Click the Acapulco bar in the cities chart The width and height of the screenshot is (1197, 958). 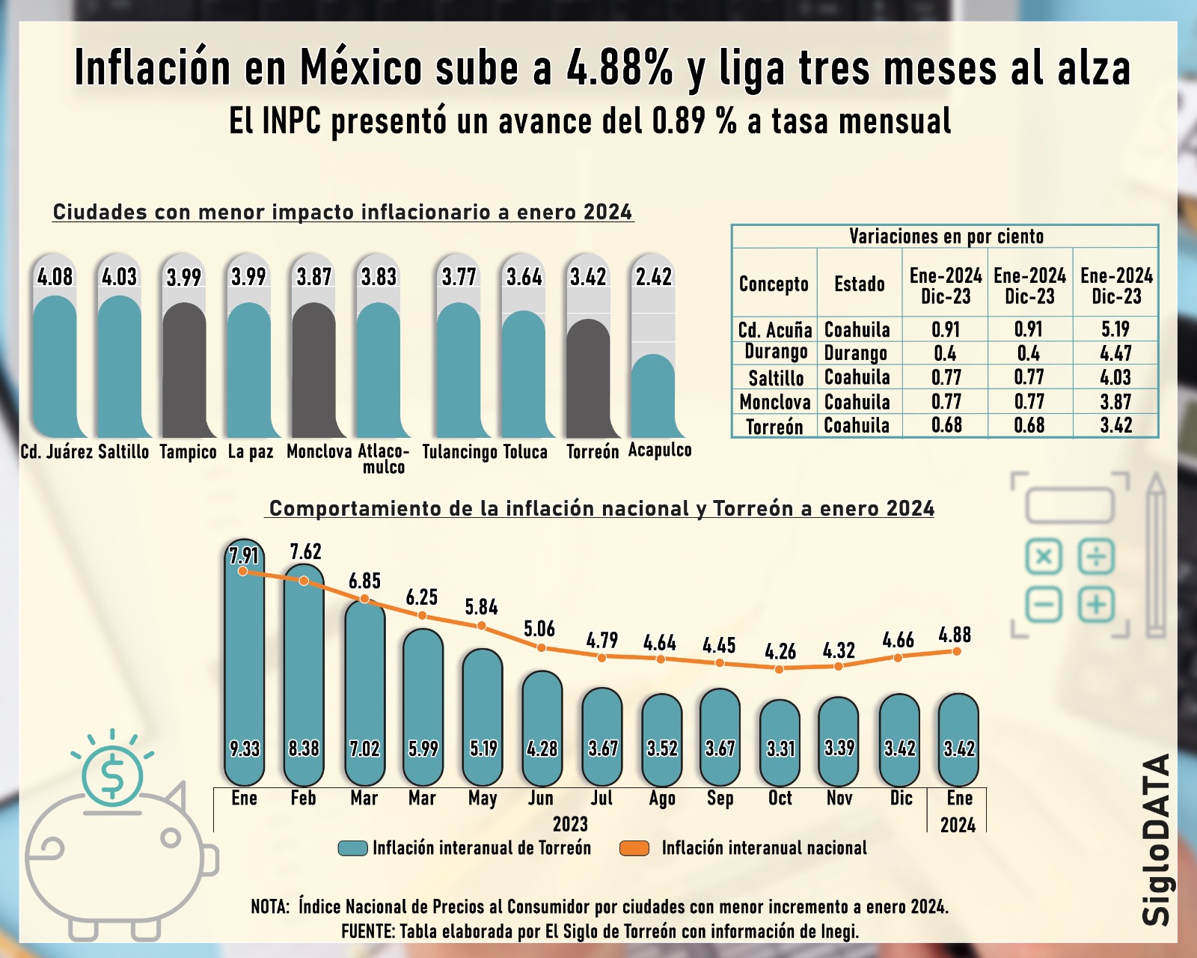653,397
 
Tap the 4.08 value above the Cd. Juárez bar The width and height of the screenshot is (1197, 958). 55,277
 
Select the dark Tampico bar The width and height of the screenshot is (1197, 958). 184,370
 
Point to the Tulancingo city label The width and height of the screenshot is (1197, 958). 459,452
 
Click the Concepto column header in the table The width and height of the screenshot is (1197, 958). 774,284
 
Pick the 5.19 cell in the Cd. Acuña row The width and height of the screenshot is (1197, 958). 1115,329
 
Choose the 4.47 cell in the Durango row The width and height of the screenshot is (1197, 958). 1115,353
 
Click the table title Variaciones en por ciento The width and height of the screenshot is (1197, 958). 946,237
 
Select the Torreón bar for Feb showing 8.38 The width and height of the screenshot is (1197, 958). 304,674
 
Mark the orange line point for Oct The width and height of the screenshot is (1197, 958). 780,668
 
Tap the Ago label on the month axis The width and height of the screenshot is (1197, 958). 662,799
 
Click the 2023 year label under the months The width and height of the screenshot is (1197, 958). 570,824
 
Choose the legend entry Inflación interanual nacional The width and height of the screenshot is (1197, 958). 763,848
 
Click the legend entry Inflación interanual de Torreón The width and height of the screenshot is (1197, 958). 481,848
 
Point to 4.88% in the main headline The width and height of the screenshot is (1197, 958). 619,67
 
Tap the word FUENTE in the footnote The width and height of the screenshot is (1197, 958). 367,932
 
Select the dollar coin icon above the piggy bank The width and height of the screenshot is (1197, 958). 112,775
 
